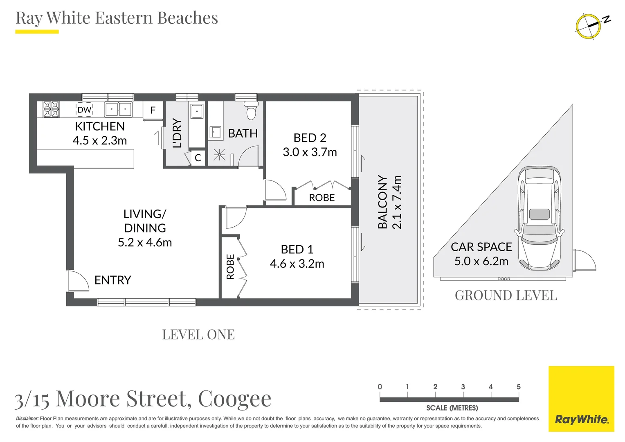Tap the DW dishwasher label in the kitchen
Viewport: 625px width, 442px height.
click(x=84, y=110)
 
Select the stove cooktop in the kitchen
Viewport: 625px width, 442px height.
click(x=52, y=110)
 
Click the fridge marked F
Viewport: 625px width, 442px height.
click(x=153, y=110)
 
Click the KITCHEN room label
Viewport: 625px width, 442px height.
click(x=100, y=126)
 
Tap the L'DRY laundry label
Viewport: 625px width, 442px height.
click(x=177, y=133)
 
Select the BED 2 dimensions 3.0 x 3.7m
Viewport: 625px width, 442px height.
click(x=310, y=152)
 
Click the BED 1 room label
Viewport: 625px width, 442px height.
click(x=297, y=249)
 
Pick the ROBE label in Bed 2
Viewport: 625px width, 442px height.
click(x=322, y=198)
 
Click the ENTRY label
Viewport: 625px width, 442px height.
click(x=112, y=280)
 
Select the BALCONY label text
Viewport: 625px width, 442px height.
click(x=382, y=202)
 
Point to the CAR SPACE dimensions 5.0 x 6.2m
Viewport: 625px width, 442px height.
click(x=481, y=261)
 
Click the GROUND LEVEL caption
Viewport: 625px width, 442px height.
click(x=506, y=295)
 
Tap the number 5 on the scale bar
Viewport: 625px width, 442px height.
click(x=518, y=387)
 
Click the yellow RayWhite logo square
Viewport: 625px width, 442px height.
click(x=581, y=399)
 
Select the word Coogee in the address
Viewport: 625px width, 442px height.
click(x=234, y=399)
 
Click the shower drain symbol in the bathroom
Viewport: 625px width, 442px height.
click(x=220, y=155)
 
